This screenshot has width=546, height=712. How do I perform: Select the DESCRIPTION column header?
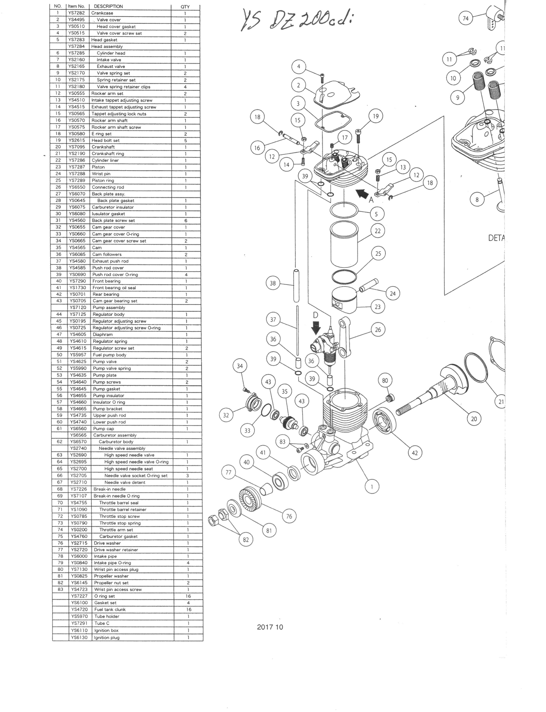(108, 6)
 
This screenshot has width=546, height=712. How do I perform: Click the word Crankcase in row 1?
(102, 13)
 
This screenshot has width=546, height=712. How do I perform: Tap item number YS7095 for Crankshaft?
(77, 147)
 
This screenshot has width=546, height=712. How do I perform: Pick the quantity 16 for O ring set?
(188, 596)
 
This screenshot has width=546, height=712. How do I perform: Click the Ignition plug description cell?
(107, 637)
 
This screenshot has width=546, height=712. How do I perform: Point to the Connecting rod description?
(108, 187)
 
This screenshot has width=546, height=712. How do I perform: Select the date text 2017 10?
(270, 627)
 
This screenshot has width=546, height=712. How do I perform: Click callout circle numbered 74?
(466, 19)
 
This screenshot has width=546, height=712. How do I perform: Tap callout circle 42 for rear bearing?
(415, 453)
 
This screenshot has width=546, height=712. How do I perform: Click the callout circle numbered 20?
(474, 418)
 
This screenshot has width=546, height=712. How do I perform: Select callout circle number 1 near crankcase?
(372, 487)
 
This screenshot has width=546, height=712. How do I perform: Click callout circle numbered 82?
(246, 539)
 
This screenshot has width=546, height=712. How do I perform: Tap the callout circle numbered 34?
(240, 366)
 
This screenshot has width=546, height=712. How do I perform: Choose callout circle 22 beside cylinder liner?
(378, 231)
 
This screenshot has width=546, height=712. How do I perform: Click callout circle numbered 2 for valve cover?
(298, 85)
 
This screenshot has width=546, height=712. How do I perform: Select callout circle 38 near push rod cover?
(273, 283)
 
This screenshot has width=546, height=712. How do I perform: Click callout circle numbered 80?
(385, 381)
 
